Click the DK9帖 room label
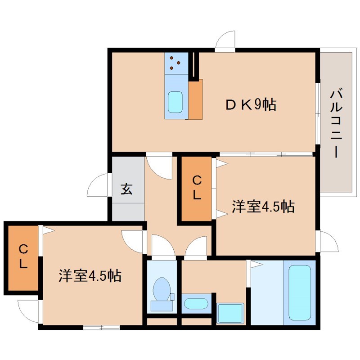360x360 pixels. (251, 105)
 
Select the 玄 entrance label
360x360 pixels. (126, 189)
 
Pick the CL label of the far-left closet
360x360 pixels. (23, 256)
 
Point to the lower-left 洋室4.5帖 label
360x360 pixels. (90, 275)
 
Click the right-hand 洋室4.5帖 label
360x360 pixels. (263, 207)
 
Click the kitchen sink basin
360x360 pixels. (175, 103)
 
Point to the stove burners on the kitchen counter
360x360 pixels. (175, 63)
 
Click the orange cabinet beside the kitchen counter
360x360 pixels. (195, 99)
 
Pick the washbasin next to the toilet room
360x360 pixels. (196, 303)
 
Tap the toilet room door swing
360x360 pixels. (162, 247)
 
